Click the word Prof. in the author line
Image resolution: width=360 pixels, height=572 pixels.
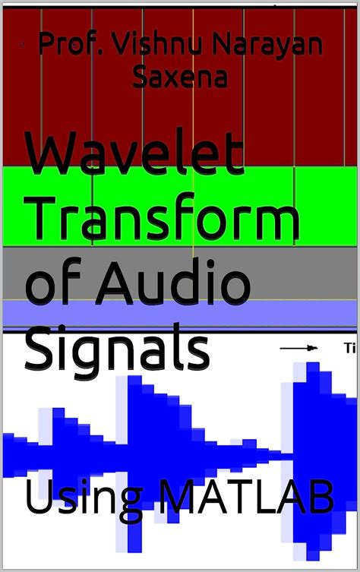coord(69,45)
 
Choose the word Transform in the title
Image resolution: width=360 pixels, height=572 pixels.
coord(163,221)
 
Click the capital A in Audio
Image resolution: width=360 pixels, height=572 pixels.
coord(129,280)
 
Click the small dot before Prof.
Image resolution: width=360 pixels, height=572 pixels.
coord(25,46)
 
